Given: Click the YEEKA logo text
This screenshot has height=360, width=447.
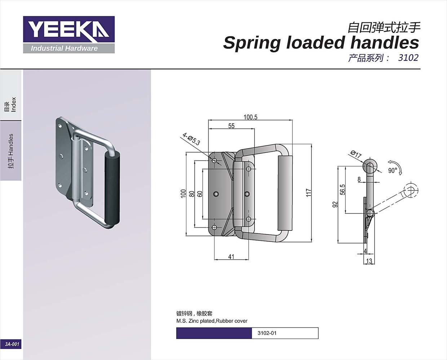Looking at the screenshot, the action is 68,29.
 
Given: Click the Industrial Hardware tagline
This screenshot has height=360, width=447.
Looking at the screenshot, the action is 64,48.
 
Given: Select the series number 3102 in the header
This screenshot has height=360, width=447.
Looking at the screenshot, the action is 408,58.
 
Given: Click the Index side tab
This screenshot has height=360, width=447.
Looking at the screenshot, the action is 11,104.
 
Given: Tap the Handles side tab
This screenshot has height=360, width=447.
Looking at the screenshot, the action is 11,151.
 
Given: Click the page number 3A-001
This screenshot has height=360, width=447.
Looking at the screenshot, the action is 12,344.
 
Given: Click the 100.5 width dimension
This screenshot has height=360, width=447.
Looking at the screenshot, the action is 251,117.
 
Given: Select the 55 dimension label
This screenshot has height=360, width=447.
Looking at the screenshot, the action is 231,126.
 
